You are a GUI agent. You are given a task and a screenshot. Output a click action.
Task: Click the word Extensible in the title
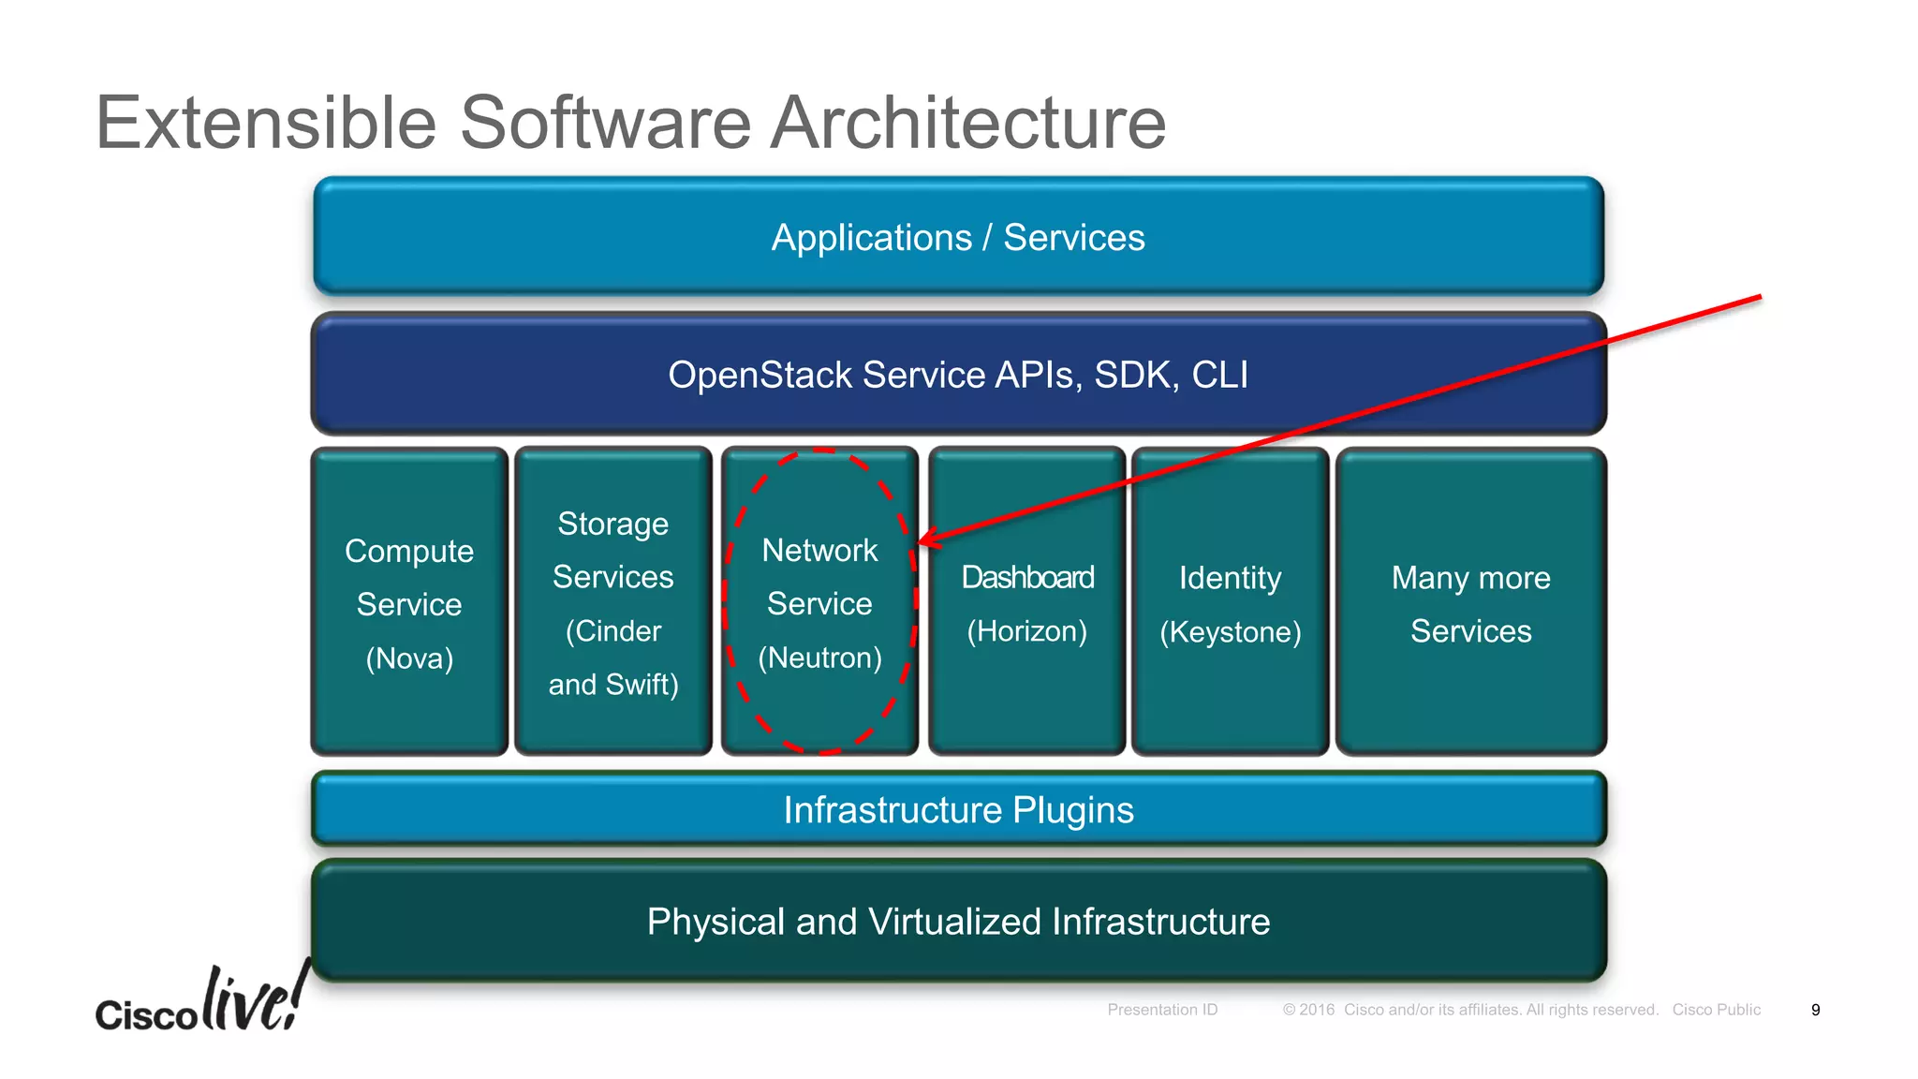pos(266,123)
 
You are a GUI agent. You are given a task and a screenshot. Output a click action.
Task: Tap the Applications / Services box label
pos(957,238)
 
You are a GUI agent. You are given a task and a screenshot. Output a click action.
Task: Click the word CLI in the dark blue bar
pos(1219,375)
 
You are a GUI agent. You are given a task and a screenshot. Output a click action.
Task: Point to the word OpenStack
pos(760,375)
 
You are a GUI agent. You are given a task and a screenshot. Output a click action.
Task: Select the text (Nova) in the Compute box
pos(409,658)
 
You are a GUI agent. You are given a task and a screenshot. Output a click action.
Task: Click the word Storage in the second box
pos(612,524)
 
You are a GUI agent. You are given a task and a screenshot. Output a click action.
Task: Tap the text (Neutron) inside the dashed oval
pos(819,658)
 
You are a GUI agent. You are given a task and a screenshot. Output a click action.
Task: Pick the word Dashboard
pos(1027,577)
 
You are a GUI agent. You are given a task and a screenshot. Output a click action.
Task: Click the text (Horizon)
pos(1027,631)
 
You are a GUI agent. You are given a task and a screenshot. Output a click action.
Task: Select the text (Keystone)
pos(1230,632)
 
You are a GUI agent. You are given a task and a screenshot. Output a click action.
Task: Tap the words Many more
pos(1470,578)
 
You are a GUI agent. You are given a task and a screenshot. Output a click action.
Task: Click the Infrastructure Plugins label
pos(957,810)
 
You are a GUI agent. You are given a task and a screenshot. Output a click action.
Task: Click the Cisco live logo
pos(202,1002)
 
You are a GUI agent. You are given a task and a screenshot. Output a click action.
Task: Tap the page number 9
pos(1815,1010)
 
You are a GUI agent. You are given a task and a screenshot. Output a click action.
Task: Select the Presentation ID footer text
pos(1162,1010)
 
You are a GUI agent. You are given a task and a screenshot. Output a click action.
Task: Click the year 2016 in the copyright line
pos(1316,1010)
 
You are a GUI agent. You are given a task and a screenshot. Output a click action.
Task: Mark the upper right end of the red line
pos(1759,298)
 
